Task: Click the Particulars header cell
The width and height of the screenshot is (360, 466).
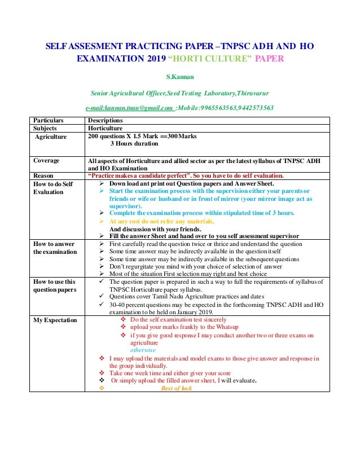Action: (48, 120)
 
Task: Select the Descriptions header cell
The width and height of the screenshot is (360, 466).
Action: (106, 120)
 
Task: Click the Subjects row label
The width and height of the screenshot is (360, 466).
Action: (46, 128)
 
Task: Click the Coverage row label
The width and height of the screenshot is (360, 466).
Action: (46, 160)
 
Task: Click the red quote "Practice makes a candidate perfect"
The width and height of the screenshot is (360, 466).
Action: (147, 175)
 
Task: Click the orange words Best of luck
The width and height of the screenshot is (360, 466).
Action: (176, 389)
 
